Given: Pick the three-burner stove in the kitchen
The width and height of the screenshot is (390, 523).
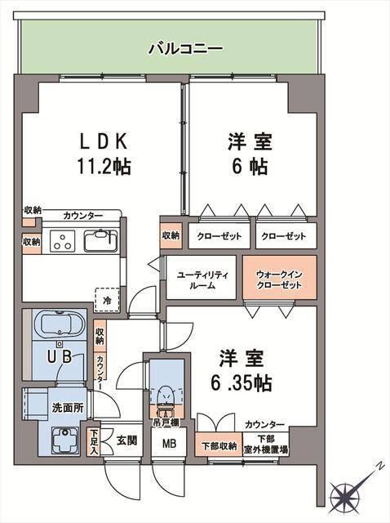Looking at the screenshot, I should coord(64,241).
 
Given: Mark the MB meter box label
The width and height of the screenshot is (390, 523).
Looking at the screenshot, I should coord(168,445).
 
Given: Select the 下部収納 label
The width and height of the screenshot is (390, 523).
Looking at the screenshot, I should coord(219,446).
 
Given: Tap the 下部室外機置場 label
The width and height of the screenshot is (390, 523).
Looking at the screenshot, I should coord(267,445).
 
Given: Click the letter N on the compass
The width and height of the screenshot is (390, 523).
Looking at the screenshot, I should coord(379,467).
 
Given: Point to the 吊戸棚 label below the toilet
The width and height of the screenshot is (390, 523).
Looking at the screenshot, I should coord(167,422).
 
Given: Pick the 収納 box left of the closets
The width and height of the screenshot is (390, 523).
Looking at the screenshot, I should coord(171,236).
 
